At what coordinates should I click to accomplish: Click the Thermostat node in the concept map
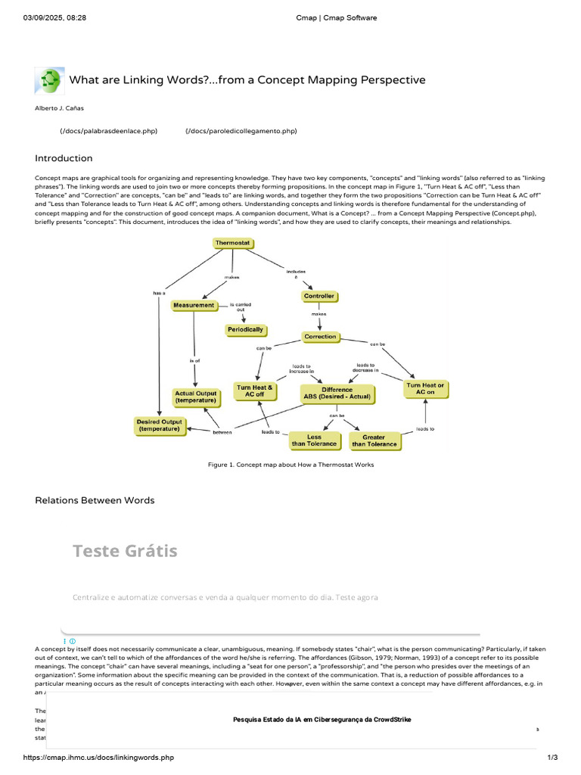click(x=232, y=243)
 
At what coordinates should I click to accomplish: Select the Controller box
click(x=318, y=296)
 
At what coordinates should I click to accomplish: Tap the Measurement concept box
click(x=194, y=305)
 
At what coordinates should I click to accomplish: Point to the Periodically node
click(x=246, y=329)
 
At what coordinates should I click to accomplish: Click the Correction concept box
click(x=320, y=336)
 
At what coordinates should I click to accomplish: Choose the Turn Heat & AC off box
click(x=256, y=391)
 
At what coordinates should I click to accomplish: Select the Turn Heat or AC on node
click(x=425, y=389)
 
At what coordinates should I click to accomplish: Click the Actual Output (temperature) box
click(x=195, y=397)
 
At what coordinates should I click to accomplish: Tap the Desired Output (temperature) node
click(x=159, y=425)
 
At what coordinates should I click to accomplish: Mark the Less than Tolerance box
click(x=314, y=440)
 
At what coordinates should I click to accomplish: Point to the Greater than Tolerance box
click(x=374, y=440)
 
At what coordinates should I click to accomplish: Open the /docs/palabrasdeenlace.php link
click(x=109, y=131)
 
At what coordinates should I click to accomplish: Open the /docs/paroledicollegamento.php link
click(x=241, y=131)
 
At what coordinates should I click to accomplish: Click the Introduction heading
click(x=64, y=158)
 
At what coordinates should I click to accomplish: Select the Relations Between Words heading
click(x=95, y=500)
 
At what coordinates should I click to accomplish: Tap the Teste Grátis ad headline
click(x=125, y=550)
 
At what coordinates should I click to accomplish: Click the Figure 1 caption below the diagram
click(x=290, y=464)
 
